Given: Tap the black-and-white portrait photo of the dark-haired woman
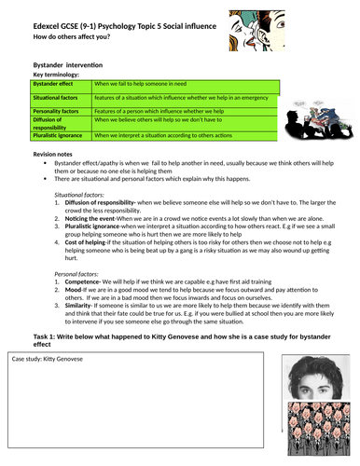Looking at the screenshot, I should click(x=311, y=380).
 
